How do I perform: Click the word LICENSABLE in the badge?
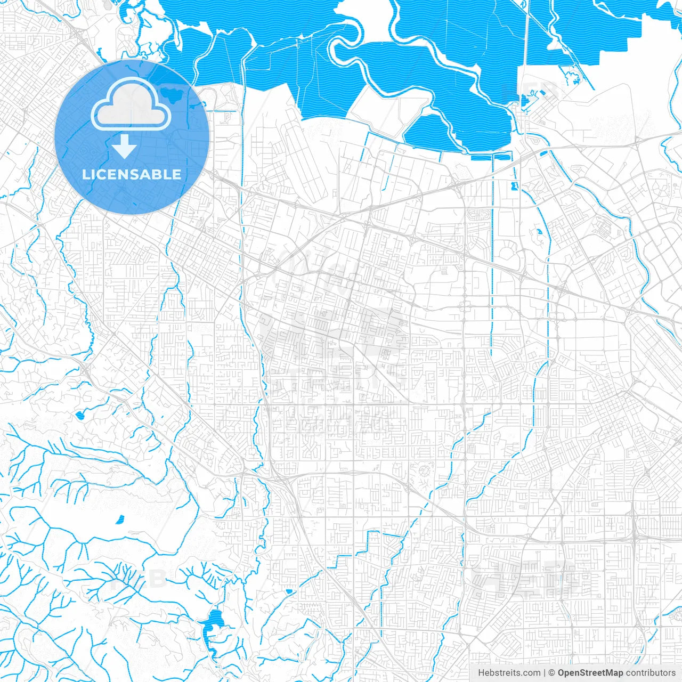(x=132, y=174)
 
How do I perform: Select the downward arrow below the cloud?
(x=124, y=146)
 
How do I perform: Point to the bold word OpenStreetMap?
(x=590, y=673)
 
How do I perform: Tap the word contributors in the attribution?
(x=651, y=673)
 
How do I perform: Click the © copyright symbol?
(x=552, y=673)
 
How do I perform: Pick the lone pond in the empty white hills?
(x=120, y=518)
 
